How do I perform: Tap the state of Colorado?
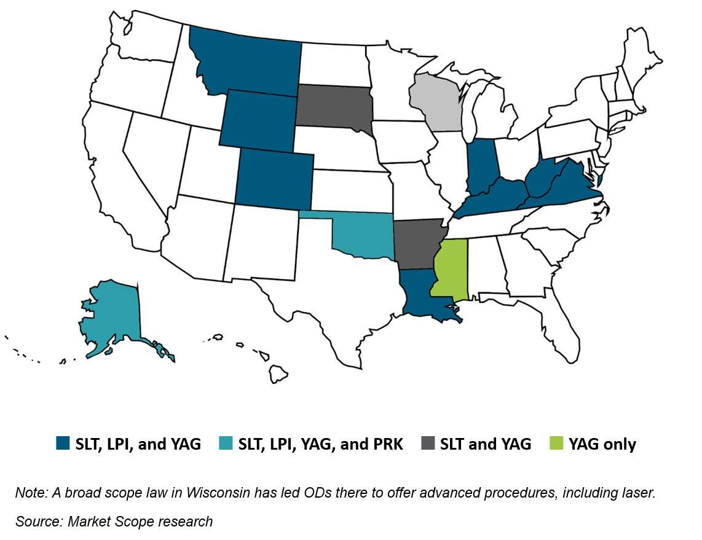click(274, 178)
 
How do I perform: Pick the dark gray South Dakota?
click(333, 107)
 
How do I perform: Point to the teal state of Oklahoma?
click(363, 237)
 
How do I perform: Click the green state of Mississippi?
click(452, 267)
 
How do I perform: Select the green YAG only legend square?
click(557, 444)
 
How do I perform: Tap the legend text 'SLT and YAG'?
click(485, 444)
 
